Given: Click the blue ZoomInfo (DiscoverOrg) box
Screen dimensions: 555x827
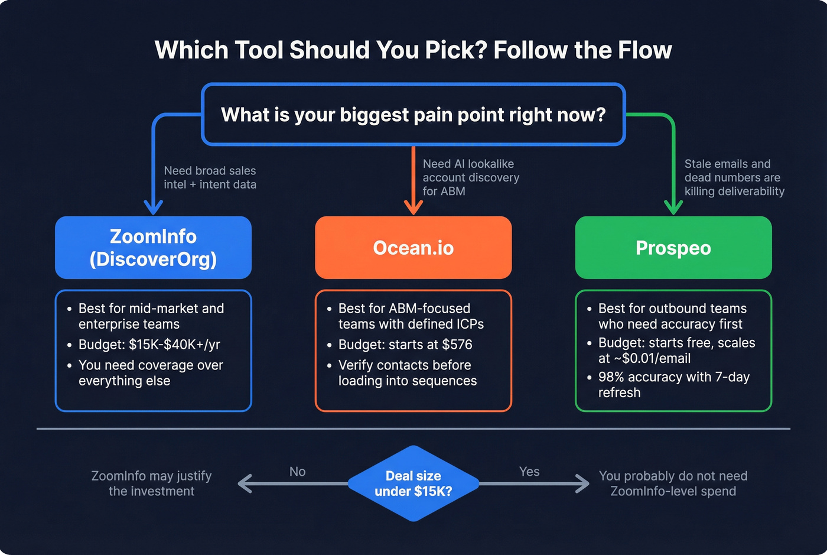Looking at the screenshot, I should click(153, 248).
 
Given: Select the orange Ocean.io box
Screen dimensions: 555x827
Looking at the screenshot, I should click(413, 248).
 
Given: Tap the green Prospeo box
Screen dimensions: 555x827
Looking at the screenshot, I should click(673, 248).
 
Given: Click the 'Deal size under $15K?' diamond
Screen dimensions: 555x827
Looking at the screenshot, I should click(413, 483).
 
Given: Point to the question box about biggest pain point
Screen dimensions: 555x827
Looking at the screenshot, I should click(413, 114).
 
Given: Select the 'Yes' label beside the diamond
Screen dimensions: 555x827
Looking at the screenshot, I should click(529, 471).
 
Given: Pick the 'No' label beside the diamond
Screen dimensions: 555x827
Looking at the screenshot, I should click(297, 471).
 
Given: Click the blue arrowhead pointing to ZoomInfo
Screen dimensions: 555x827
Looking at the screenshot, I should click(154, 207).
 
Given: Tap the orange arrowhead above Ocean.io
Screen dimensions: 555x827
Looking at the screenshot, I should click(413, 207).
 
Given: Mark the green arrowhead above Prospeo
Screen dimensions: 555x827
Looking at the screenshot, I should click(673, 207).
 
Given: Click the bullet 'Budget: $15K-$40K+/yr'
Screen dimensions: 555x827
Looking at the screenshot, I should click(149, 345).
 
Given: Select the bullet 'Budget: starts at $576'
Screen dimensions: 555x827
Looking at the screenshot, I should click(405, 345).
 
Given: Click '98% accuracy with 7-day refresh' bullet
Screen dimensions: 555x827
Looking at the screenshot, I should click(673, 385).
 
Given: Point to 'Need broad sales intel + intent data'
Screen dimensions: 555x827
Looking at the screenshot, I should click(210, 177).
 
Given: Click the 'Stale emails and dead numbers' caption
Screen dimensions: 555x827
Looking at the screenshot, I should click(734, 177).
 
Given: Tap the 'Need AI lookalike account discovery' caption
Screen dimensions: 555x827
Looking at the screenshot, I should click(471, 177).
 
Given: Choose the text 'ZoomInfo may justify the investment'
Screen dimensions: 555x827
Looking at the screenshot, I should click(151, 483).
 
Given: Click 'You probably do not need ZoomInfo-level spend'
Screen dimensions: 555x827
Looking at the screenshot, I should click(673, 483).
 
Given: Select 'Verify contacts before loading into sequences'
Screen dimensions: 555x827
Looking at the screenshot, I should click(407, 373).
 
